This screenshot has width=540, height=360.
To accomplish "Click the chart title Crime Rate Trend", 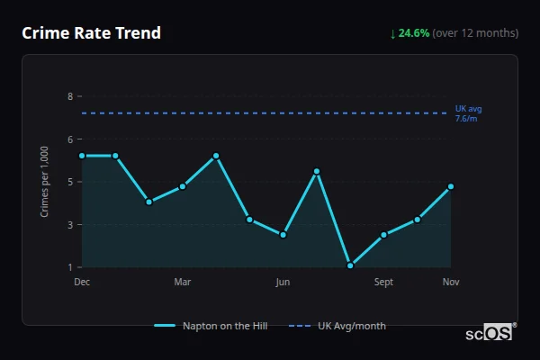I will pos(91,33).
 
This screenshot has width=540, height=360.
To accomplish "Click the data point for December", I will pos(82,156).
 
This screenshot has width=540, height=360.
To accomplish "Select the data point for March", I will pos(183,186).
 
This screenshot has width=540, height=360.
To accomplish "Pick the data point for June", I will pos(283,235).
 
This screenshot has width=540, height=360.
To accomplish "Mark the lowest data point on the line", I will pos(350,265).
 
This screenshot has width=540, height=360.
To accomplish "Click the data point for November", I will pos(451,186).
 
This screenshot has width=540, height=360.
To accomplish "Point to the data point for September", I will pos(383,235).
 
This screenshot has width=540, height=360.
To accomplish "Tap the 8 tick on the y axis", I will pos(69,96).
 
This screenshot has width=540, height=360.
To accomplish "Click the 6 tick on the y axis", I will pos(69,139).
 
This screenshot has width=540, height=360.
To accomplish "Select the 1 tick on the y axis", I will pos(69,267).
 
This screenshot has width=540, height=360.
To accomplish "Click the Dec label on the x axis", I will pos(82,283).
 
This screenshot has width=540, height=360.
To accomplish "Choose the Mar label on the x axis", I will pos(183,283).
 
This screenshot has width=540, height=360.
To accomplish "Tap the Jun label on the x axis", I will pos(283,283).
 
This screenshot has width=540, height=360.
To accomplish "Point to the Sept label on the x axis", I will pos(383,283).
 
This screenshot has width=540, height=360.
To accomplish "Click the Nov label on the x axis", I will pos(451,283).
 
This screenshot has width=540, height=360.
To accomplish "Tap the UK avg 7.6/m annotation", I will pos(468,113).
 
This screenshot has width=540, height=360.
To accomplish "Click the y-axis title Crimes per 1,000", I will pos(45,182).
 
